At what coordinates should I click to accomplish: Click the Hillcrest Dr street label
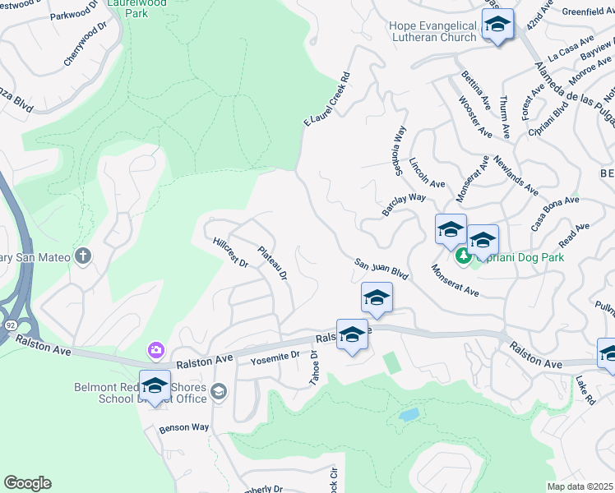(230, 252)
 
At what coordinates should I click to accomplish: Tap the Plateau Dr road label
(272, 264)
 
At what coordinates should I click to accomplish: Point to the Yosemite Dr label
(276, 357)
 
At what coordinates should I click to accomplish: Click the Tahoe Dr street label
(314, 365)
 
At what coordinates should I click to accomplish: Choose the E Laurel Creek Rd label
(327, 99)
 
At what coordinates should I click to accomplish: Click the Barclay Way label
(403, 205)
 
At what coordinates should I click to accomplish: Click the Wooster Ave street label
(475, 117)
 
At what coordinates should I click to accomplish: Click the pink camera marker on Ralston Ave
(155, 351)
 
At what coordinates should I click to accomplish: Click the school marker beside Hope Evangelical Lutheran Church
(497, 25)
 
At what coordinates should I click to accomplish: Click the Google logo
(27, 483)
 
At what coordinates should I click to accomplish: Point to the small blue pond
(409, 414)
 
